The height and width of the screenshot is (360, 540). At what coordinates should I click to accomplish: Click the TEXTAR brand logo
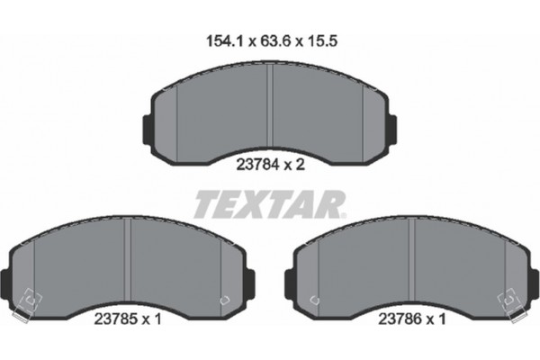(x=269, y=203)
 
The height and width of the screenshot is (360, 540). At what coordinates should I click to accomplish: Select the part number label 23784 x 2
(x=270, y=164)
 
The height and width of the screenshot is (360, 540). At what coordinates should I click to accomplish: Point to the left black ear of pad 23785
(x=6, y=283)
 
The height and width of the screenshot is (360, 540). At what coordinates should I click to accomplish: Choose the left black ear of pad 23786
(x=288, y=283)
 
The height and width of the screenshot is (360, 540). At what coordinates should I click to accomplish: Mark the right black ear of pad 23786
(x=534, y=283)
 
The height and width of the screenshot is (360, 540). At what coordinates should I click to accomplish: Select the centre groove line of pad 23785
(x=129, y=261)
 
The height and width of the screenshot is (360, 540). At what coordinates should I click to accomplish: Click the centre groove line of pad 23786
(x=412, y=261)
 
